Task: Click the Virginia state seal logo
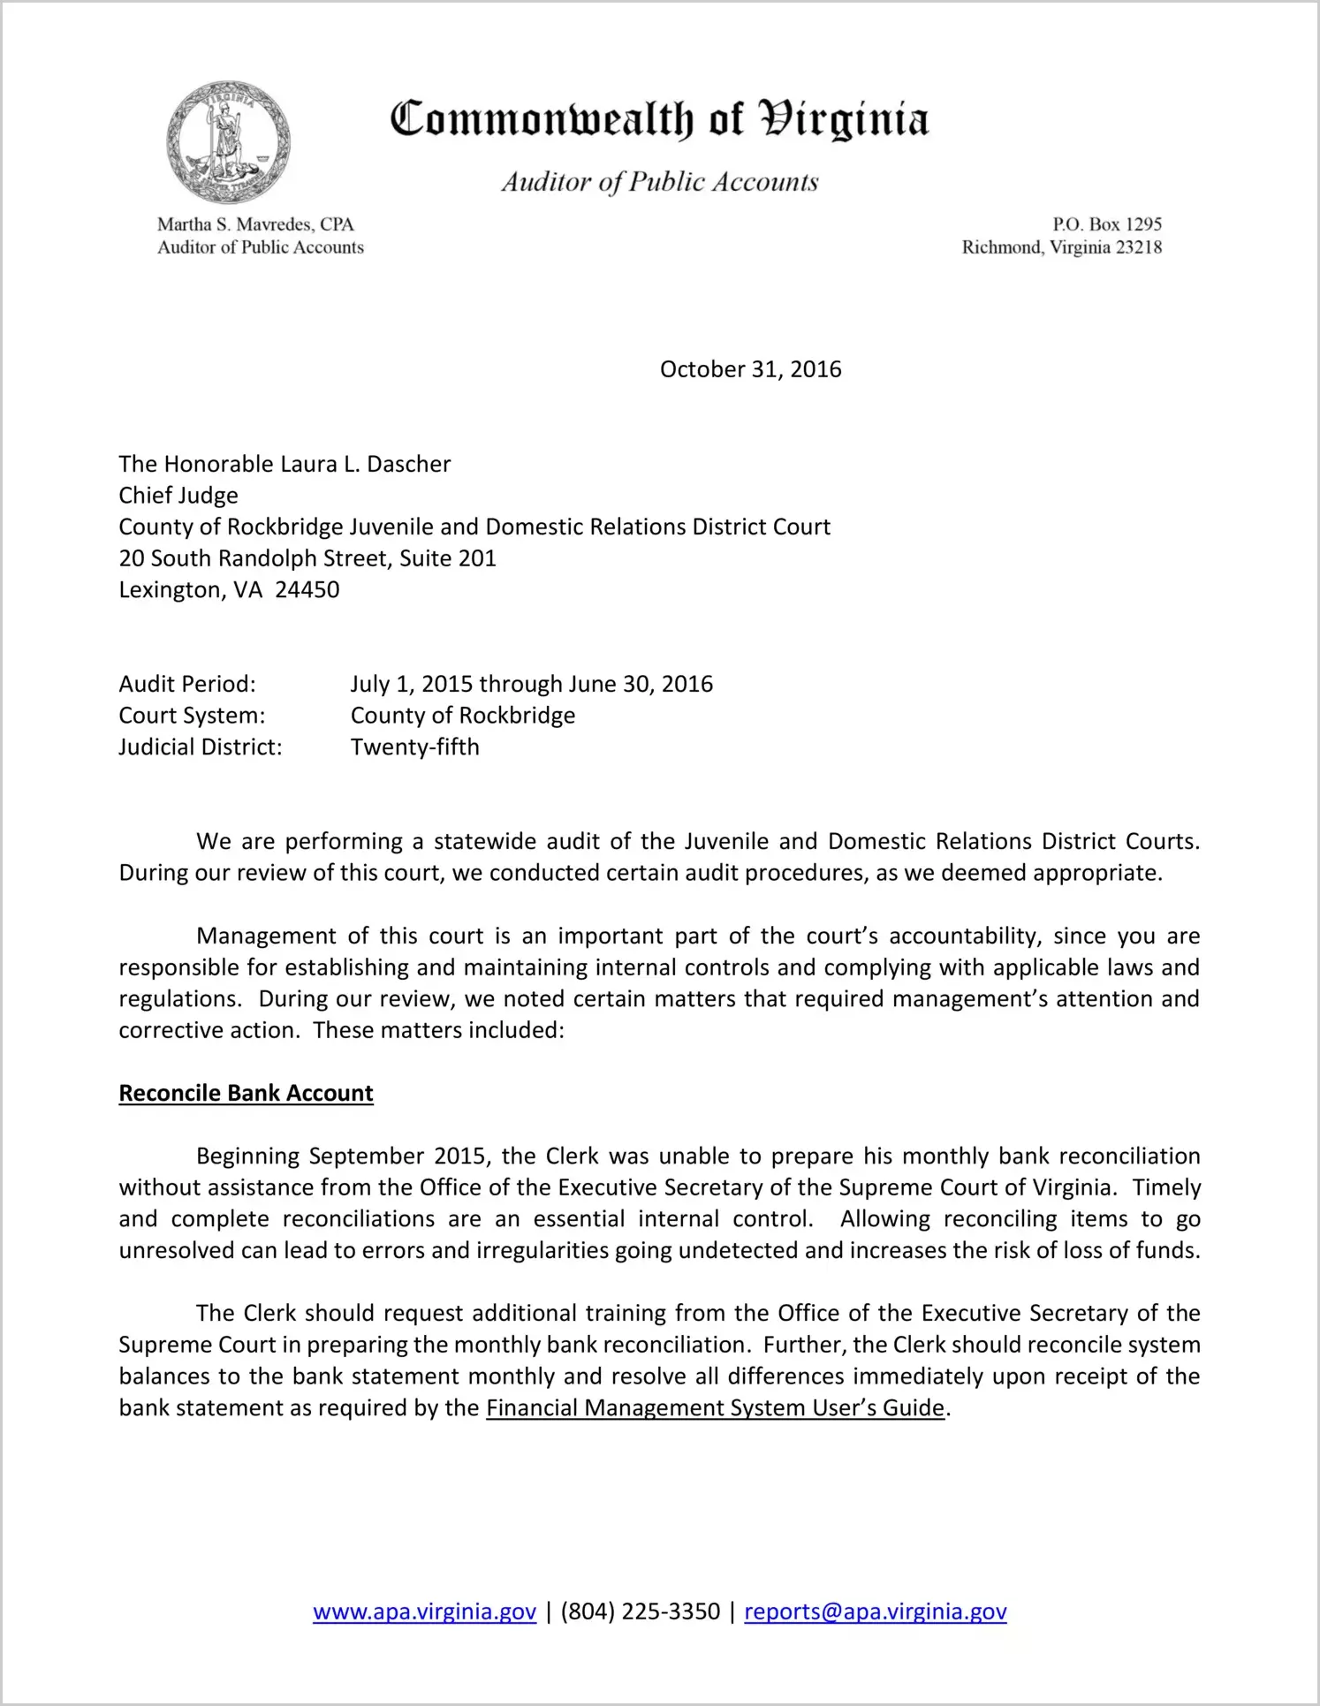pos(228,142)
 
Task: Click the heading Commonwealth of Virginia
pos(659,119)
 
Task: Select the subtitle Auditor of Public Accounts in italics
pos(659,182)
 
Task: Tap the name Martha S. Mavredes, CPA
pos(255,224)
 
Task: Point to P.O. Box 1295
pos(1106,224)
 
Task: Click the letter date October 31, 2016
pos(750,369)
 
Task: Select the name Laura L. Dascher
pos(365,464)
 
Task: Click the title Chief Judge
pos(178,496)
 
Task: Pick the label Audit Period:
pos(187,684)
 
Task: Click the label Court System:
pos(192,716)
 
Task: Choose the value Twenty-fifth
pos(414,747)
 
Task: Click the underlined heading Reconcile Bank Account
pos(246,1093)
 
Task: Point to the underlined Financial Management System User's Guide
pos(715,1407)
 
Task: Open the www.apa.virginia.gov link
pos(424,1611)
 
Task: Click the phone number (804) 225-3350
pos(640,1611)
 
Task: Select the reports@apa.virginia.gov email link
pos(875,1611)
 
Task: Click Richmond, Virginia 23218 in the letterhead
pos(1061,247)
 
